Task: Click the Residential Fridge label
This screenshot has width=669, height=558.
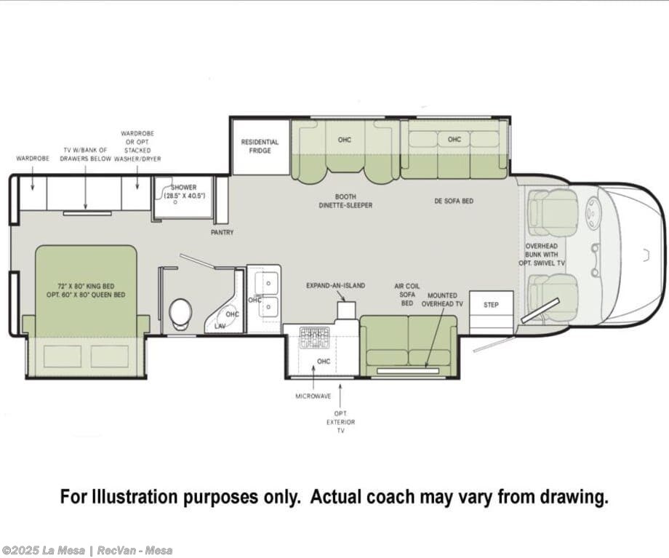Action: point(260,146)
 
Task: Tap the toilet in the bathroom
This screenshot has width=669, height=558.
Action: point(180,314)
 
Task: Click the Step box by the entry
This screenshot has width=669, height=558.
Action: point(491,305)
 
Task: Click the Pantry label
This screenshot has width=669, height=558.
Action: point(222,232)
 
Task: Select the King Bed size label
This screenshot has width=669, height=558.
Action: point(86,290)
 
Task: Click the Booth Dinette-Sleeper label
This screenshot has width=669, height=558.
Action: point(345,201)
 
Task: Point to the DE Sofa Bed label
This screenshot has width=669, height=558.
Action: point(454,201)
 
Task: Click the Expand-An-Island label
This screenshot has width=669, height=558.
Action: point(335,286)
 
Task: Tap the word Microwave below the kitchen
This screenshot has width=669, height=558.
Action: point(313,396)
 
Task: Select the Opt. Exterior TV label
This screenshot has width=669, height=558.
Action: point(340,422)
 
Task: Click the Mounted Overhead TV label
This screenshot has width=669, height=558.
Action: point(442,299)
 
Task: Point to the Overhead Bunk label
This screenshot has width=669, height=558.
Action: point(542,255)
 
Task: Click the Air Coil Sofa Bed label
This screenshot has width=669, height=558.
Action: point(407,294)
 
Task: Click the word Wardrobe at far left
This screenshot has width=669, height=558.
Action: point(33,159)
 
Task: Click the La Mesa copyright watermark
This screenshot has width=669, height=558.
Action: point(87,550)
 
